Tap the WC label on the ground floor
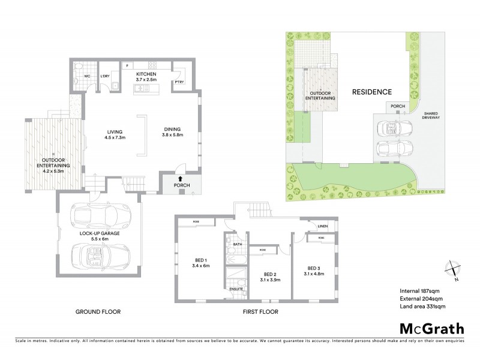click(x=87, y=76)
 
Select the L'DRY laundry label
click(x=104, y=76)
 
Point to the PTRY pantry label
click(x=179, y=82)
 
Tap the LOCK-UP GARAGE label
click(x=100, y=233)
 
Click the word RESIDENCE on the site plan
click(x=371, y=92)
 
